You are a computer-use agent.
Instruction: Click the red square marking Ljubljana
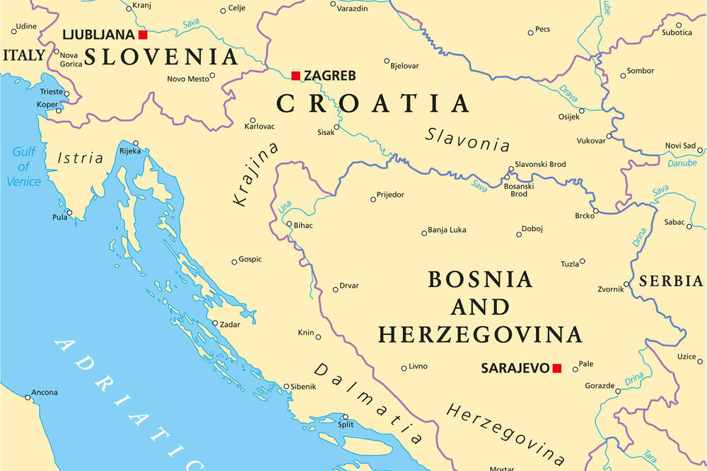(143, 35)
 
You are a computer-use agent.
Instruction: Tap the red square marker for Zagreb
(296, 76)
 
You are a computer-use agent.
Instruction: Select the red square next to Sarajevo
(556, 368)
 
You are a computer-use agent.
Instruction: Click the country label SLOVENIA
(160, 57)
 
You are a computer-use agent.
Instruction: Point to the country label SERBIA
(671, 281)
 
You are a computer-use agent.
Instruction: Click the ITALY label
(24, 54)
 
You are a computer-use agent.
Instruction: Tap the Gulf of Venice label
(23, 167)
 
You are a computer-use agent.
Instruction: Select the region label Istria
(80, 158)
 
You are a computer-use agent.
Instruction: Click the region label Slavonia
(467, 139)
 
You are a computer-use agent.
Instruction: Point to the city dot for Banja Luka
(423, 232)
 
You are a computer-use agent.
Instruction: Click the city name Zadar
(229, 325)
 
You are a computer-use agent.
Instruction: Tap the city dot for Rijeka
(135, 142)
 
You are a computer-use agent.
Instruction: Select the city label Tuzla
(569, 264)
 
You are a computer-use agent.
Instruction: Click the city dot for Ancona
(28, 397)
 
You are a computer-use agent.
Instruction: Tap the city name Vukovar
(591, 141)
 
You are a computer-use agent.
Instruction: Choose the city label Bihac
(303, 226)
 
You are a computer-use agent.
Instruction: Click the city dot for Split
(345, 417)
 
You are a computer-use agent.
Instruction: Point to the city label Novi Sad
(680, 146)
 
